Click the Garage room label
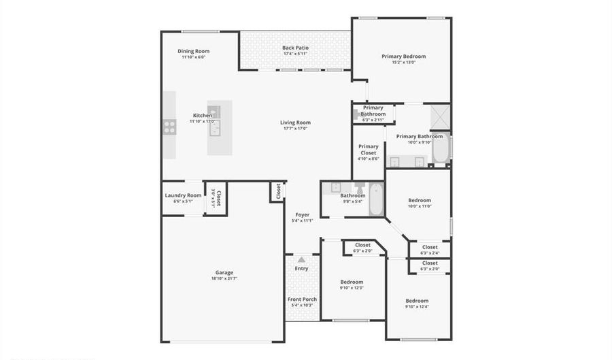coord(224,272)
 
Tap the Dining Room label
coord(194,51)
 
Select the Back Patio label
coord(295,48)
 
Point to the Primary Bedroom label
coord(404,56)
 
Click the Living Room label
coord(295,122)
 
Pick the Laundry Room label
coord(183,195)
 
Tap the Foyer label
coord(302,214)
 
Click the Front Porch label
coord(301,299)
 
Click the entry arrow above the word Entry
coord(301,259)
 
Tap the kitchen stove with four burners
coord(169,126)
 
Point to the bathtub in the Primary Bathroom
coord(440,149)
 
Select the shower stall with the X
coord(440,116)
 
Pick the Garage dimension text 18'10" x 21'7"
coord(224,278)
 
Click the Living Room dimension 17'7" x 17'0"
coord(295,129)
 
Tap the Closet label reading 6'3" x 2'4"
coord(430,248)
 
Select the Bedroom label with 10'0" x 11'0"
coord(420,200)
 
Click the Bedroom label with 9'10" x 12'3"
coord(352,282)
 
